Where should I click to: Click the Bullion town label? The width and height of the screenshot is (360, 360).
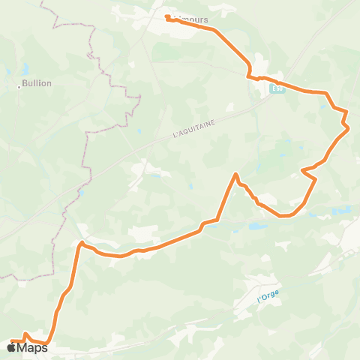pos(37,83)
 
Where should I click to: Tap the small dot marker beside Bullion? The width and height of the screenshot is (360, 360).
pos(19,87)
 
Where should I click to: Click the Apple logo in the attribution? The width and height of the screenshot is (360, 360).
pos(11,348)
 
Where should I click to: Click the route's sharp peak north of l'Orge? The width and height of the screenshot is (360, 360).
pos(236,175)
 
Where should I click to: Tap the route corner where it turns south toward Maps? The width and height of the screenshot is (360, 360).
pos(80,242)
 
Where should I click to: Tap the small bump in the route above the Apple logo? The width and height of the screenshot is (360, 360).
pos(25,334)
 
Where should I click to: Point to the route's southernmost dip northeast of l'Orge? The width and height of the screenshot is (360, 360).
pos(284,216)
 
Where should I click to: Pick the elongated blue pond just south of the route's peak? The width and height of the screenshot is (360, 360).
pos(256,225)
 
